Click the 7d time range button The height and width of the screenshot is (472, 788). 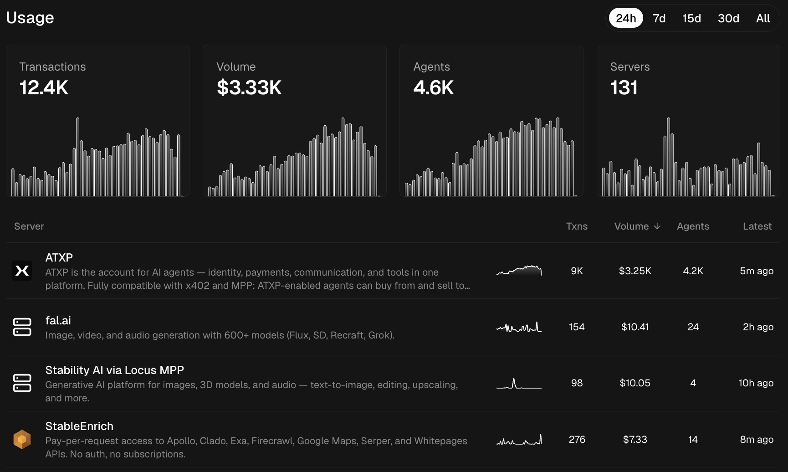coord(659,18)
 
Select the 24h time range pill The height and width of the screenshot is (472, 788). coord(626,18)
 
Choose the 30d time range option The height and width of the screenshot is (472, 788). coord(728,18)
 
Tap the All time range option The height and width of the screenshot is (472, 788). coord(763,18)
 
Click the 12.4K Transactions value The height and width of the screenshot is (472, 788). coord(44,87)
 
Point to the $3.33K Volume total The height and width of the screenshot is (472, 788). coord(249,87)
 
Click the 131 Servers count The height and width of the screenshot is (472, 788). coord(624,87)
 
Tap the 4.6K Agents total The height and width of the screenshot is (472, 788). coord(434,87)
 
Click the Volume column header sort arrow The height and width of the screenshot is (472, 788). coord(657,226)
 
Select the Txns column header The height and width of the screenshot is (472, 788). coord(577,226)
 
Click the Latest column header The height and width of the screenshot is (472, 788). coord(757,226)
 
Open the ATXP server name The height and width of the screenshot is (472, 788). coord(59,257)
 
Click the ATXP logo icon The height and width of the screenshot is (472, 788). coord(22,271)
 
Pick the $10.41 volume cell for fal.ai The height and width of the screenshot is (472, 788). coord(635,327)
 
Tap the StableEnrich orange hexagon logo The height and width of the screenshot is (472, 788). coord(22,439)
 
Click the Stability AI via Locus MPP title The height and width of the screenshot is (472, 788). coord(115,370)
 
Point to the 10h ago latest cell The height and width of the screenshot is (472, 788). coord(756,383)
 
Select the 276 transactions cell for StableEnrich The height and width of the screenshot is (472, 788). coord(577,439)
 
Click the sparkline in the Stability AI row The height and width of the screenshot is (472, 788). coord(519,384)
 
